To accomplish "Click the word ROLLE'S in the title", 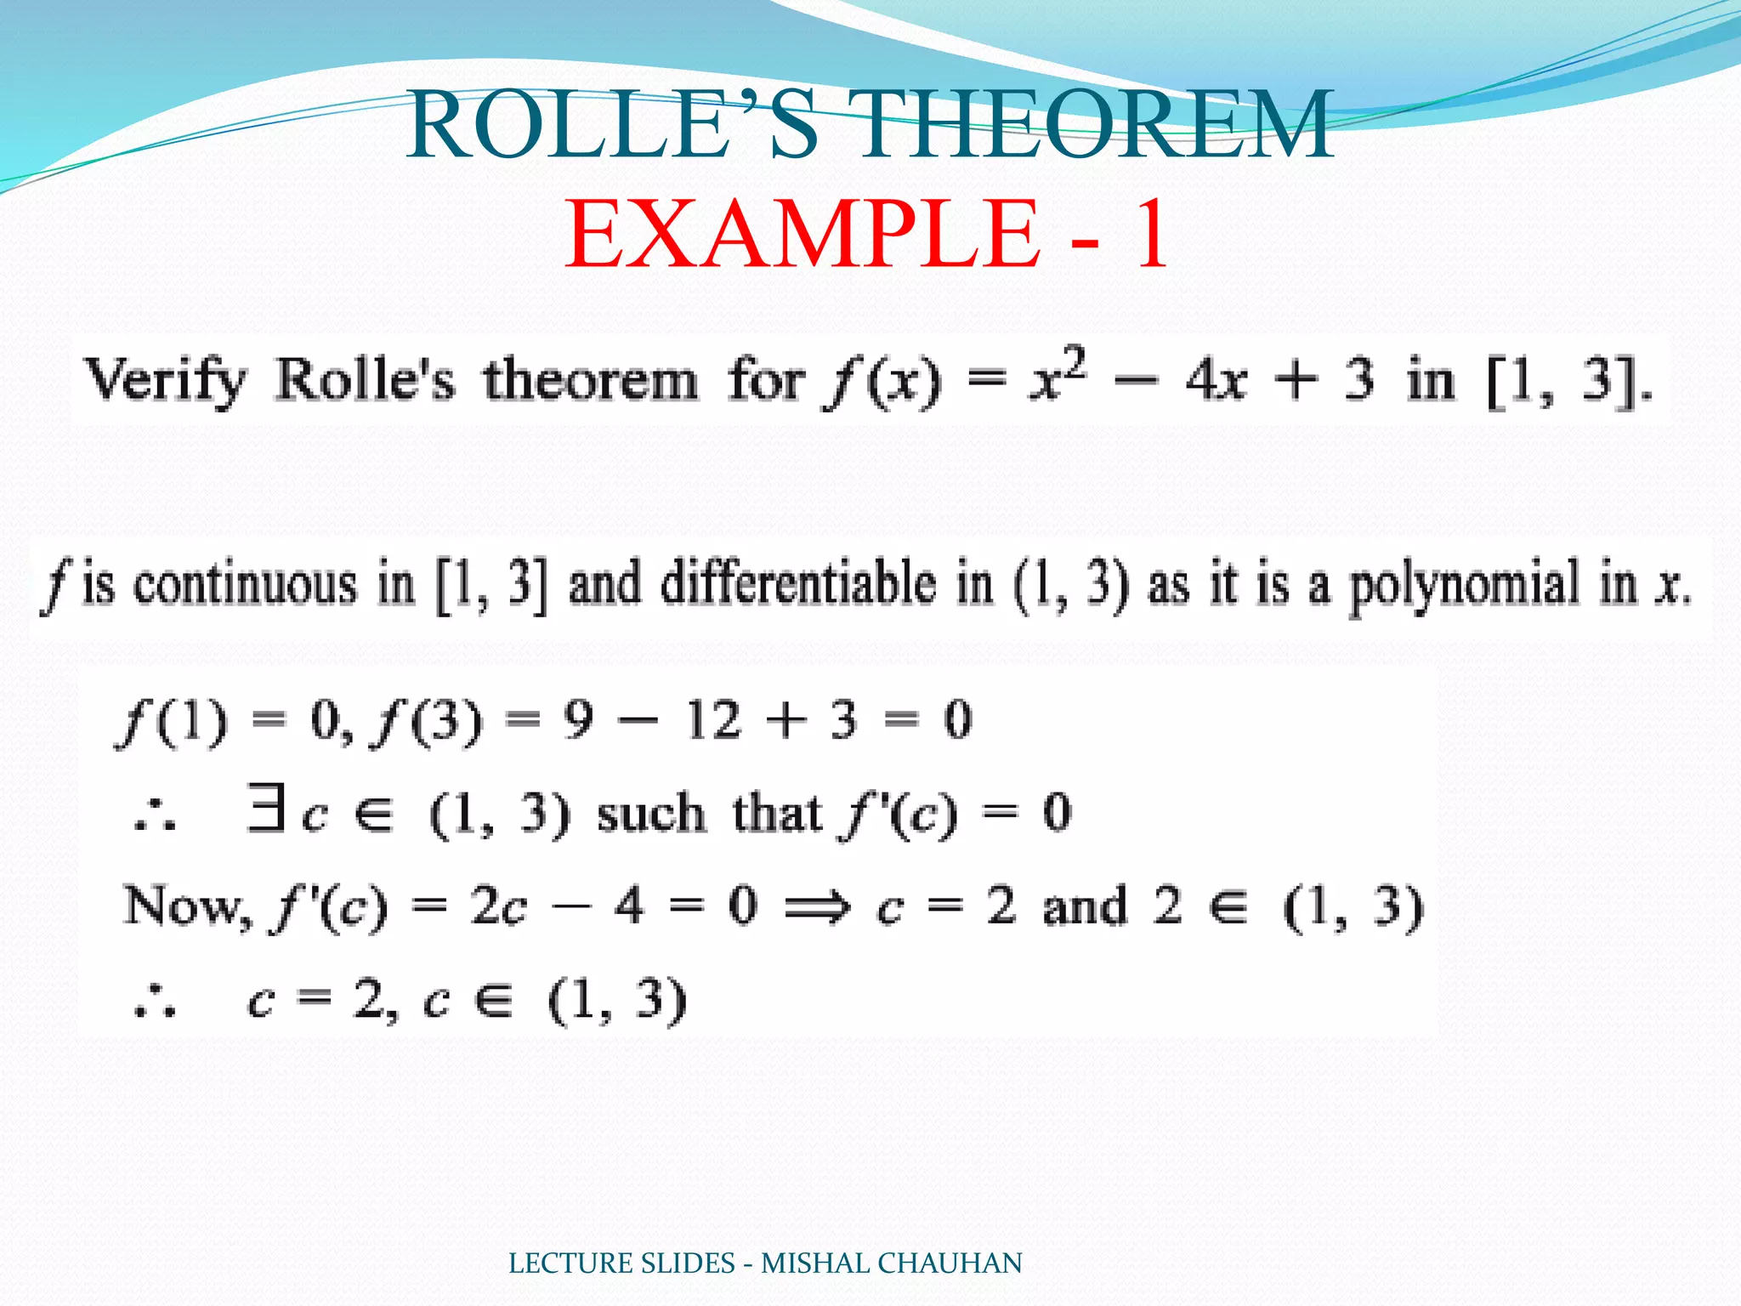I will tap(612, 126).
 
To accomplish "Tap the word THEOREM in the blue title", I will tap(1097, 126).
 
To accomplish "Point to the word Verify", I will tap(166, 381).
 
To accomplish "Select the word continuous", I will tap(246, 585).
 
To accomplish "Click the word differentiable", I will tap(798, 585).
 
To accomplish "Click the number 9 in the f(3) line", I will tap(577, 721).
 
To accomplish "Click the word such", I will tap(651, 815).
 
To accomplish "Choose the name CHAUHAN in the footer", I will tap(950, 1263).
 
